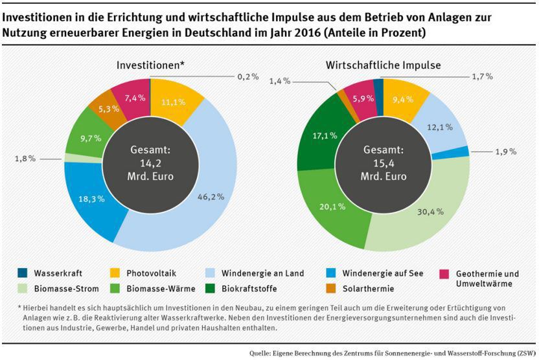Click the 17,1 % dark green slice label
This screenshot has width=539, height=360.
[325, 136]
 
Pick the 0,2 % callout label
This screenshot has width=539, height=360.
[248, 76]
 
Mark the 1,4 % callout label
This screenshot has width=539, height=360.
[280, 81]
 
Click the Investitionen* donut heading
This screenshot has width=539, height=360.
[151, 65]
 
